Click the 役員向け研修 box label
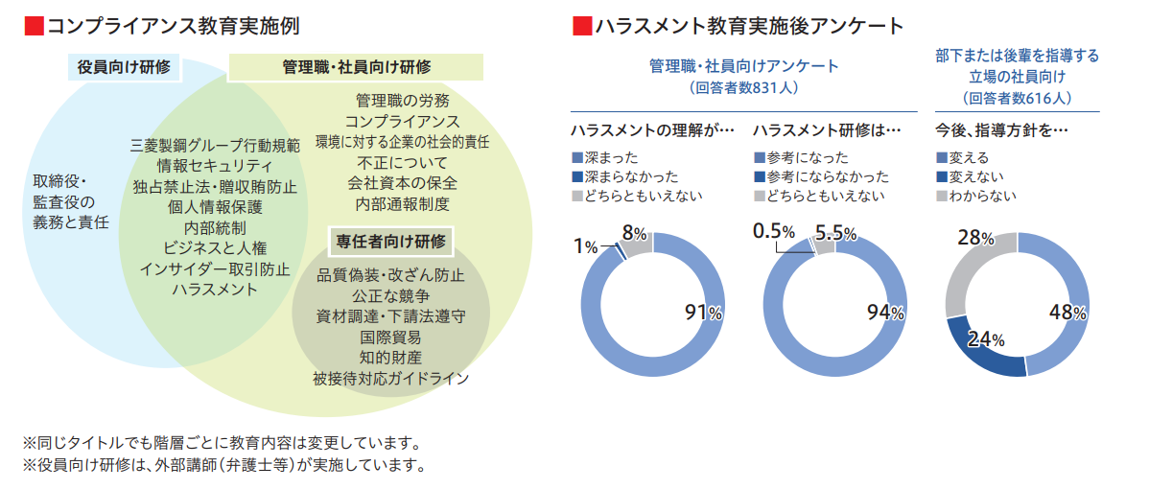[125, 67]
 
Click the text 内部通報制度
[402, 203]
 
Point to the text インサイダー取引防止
[215, 268]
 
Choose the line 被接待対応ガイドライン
[390, 378]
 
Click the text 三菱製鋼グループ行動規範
[215, 146]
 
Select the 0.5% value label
[774, 231]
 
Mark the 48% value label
[1067, 312]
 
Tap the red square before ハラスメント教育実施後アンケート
[580, 26]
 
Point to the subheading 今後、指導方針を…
[1001, 128]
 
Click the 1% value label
[585, 246]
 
